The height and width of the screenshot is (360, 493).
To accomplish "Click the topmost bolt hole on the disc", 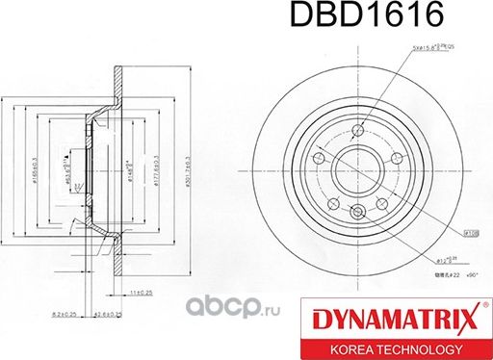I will point(358,132).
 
